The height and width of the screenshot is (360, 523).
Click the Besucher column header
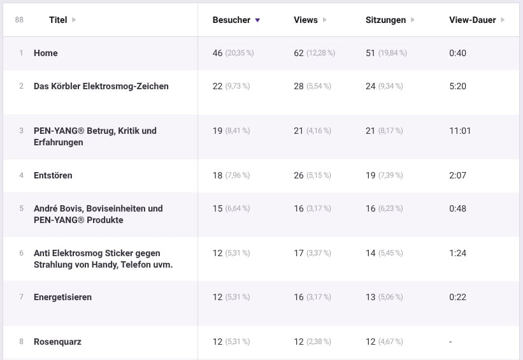click(x=231, y=20)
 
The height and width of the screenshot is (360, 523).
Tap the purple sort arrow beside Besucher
click(x=257, y=20)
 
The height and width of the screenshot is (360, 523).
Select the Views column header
click(x=305, y=20)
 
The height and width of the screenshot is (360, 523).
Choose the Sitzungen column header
click(x=385, y=20)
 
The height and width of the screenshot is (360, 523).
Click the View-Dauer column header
click(x=472, y=20)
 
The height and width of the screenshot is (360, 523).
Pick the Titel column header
click(x=58, y=20)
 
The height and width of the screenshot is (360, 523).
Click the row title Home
click(x=46, y=53)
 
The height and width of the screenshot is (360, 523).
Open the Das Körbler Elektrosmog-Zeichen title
click(x=101, y=86)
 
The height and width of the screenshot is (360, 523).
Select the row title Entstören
click(x=53, y=175)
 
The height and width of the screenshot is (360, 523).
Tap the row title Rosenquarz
click(x=57, y=342)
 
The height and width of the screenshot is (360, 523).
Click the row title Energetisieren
click(x=62, y=297)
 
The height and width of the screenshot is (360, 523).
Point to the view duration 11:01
click(x=460, y=131)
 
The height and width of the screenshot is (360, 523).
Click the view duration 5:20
click(x=457, y=86)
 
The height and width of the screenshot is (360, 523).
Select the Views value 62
click(x=299, y=53)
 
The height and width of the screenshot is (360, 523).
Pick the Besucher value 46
click(x=218, y=53)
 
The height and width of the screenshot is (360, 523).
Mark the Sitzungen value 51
click(x=371, y=53)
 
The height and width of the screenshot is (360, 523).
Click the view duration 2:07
click(x=457, y=175)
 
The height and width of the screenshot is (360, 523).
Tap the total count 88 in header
click(x=19, y=20)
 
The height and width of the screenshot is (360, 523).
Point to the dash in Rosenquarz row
click(x=450, y=342)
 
